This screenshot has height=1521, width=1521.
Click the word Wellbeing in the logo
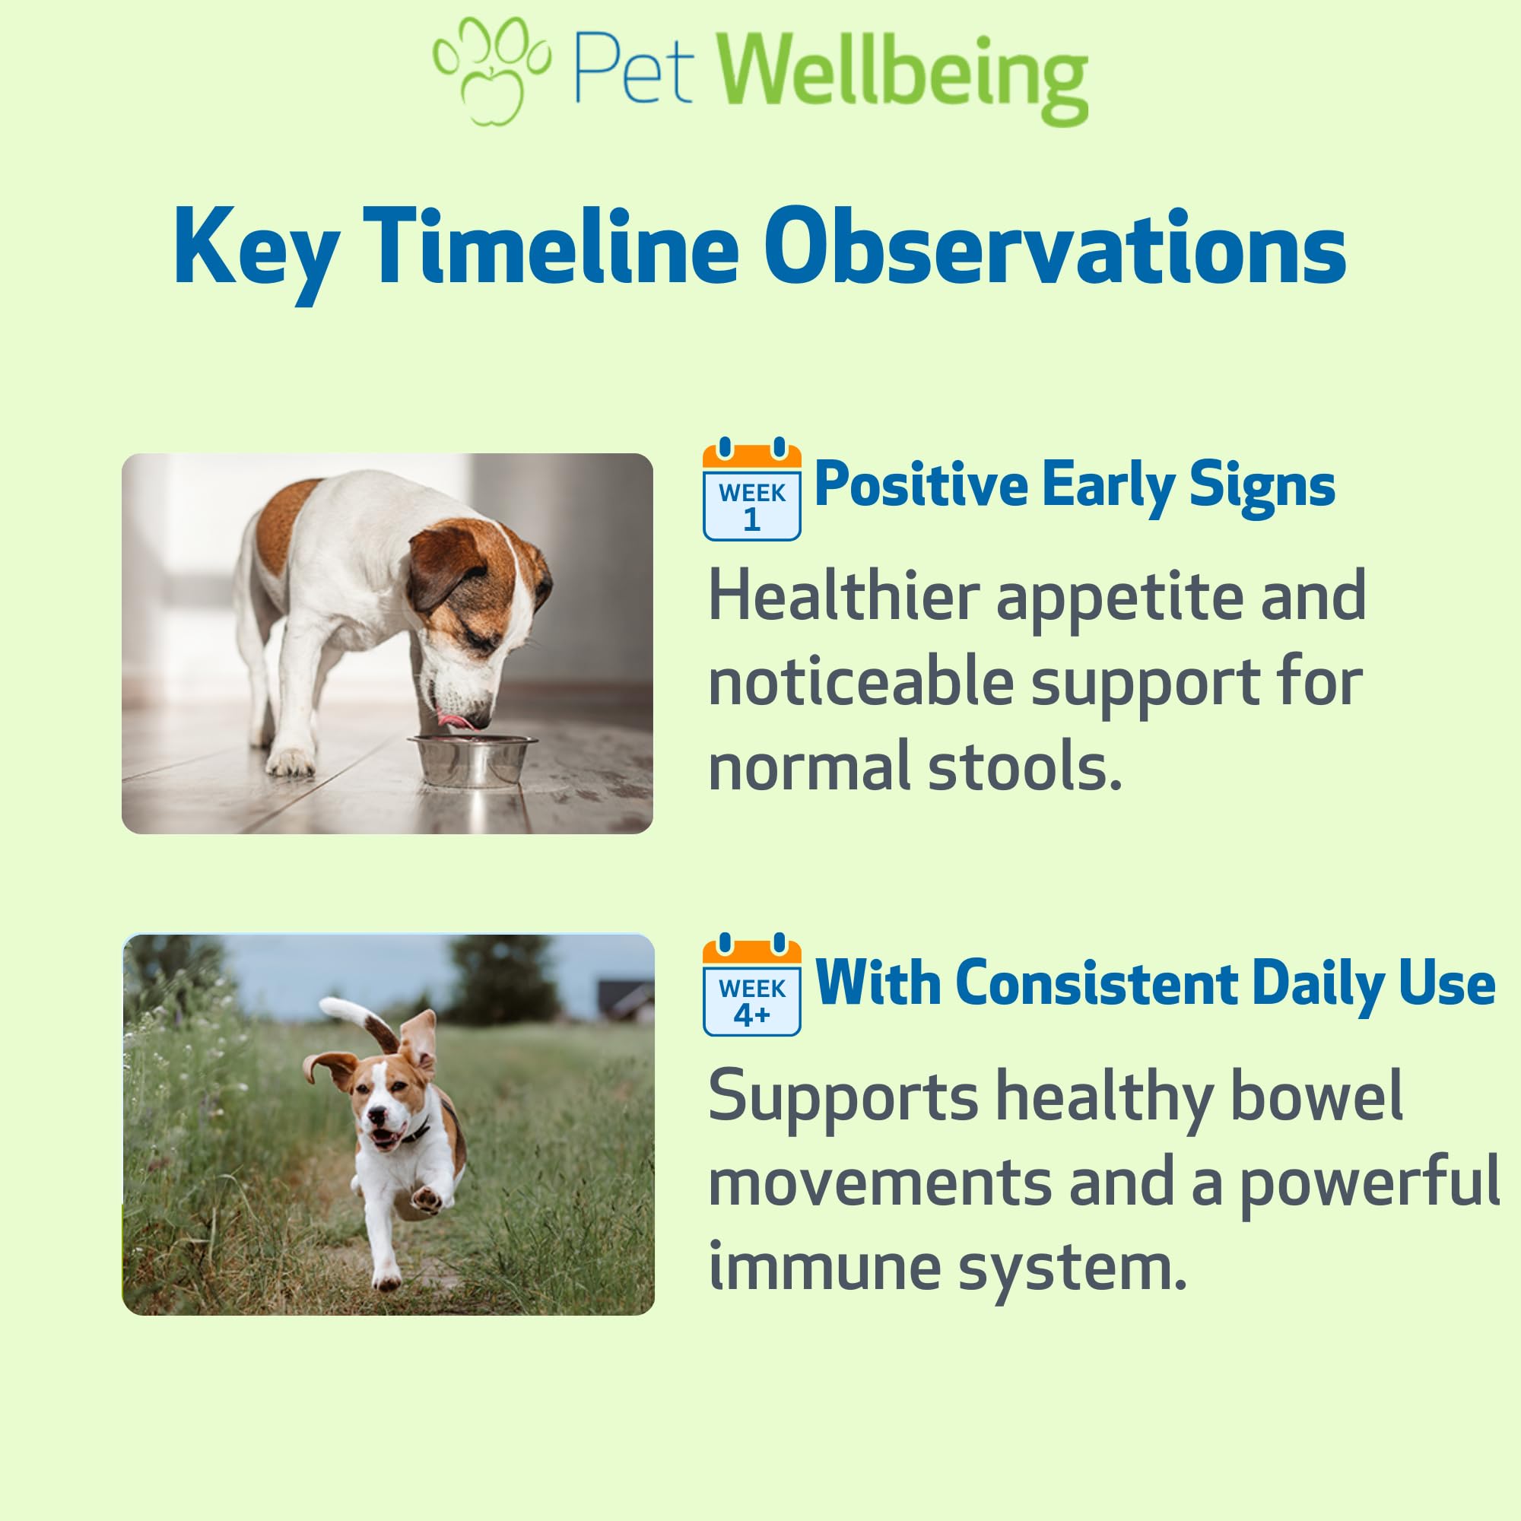903,77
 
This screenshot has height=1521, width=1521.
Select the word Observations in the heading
1056,247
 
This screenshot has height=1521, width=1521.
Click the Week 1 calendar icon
752,489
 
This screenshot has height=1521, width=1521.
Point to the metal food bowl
472,760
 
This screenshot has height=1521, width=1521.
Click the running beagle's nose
377,1116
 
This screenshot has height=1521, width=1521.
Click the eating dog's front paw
289,761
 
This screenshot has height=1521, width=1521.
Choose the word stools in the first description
1024,767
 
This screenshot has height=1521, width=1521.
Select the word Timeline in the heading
552,247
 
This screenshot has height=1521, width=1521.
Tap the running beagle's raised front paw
427,1199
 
